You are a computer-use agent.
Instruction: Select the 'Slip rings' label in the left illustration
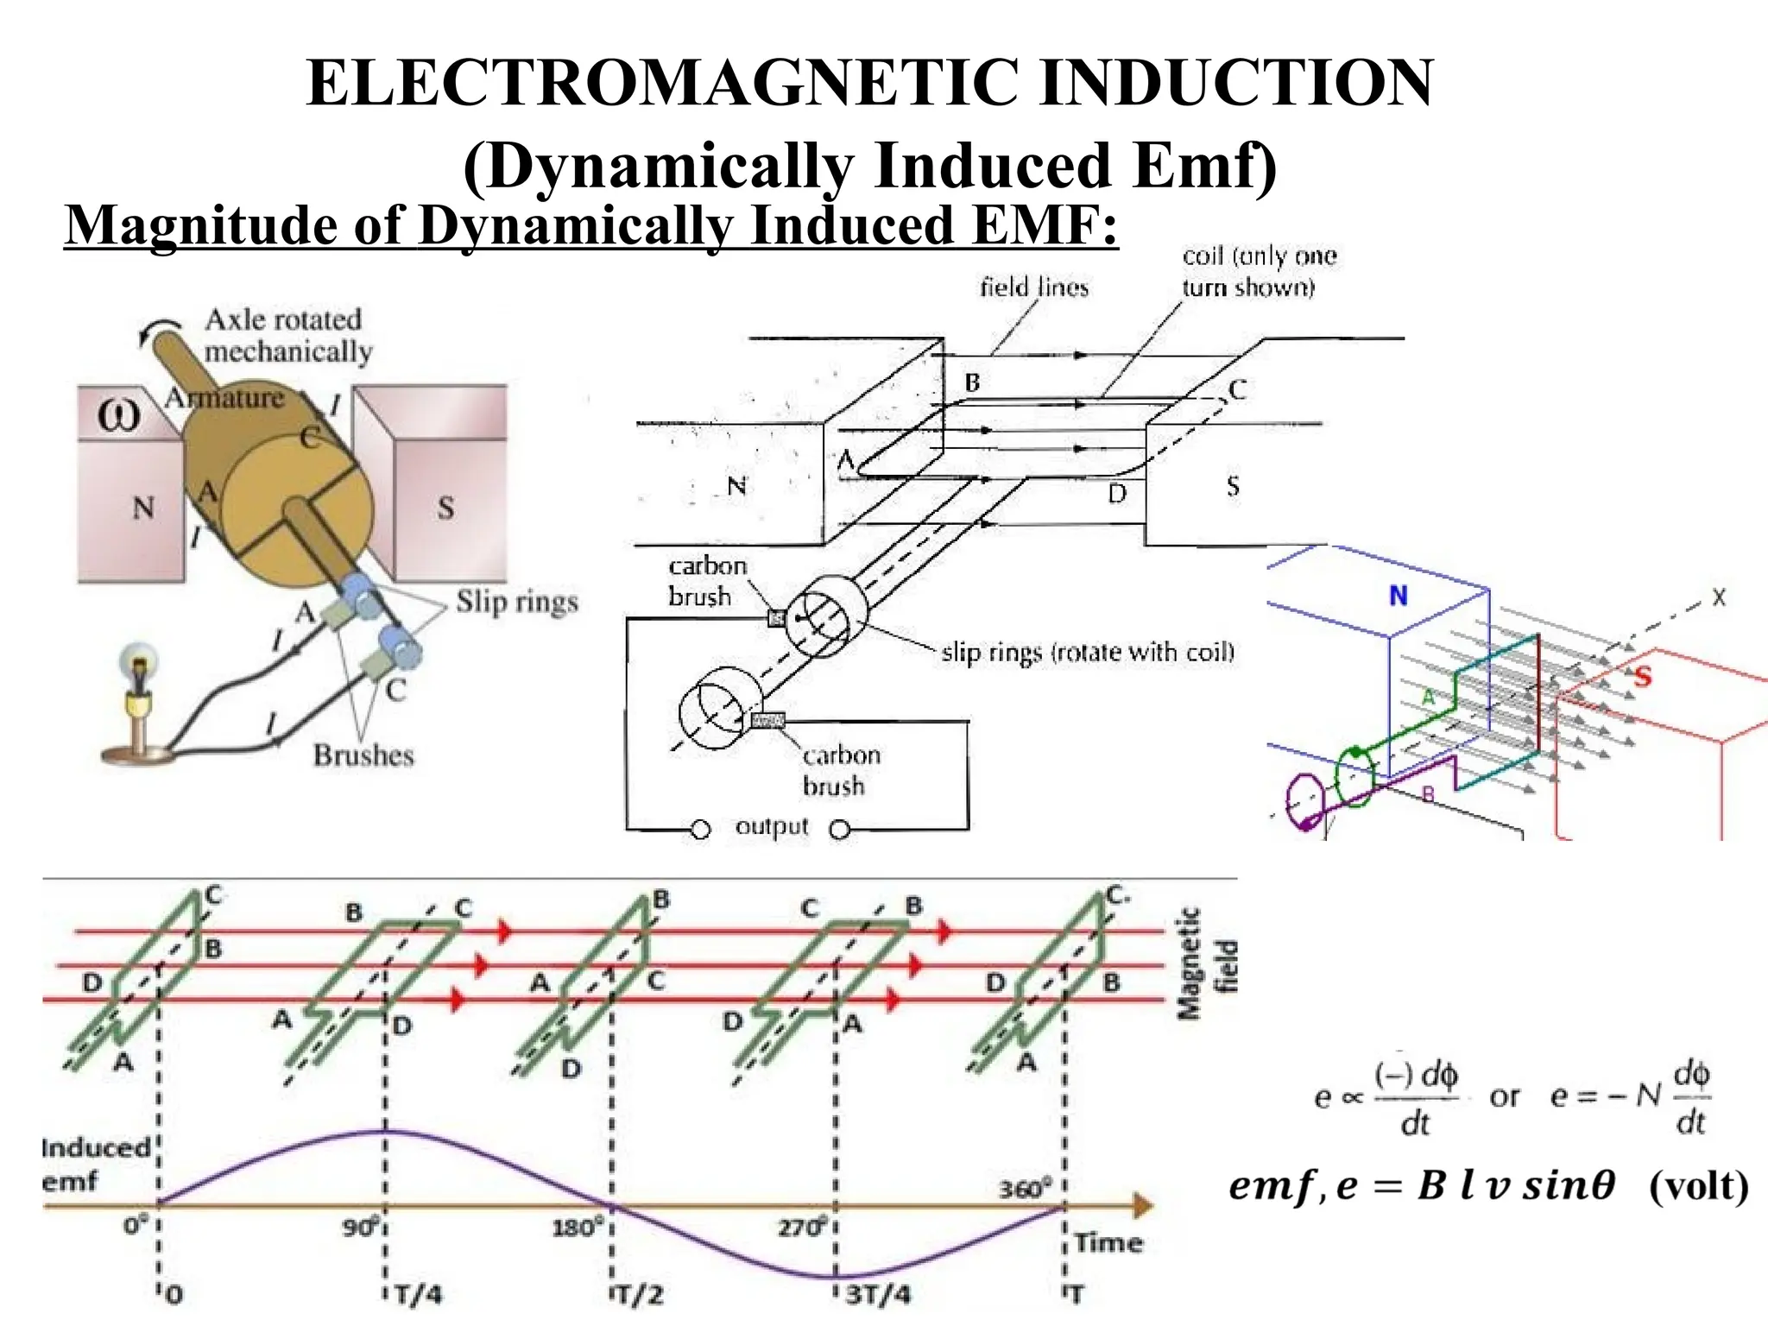(516, 602)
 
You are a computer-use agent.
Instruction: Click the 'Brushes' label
(363, 755)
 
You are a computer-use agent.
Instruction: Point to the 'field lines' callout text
(1033, 287)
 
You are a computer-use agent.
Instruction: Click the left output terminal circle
(701, 830)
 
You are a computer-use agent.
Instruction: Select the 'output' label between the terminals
(772, 826)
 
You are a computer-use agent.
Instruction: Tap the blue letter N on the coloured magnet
(1399, 596)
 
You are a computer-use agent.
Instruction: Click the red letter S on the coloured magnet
(1641, 676)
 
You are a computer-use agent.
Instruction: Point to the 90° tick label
(362, 1227)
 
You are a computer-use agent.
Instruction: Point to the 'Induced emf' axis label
(95, 1165)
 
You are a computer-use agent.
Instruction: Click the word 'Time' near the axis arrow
(1108, 1243)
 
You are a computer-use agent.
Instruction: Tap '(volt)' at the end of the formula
(1698, 1186)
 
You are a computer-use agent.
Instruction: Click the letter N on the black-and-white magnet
(736, 486)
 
